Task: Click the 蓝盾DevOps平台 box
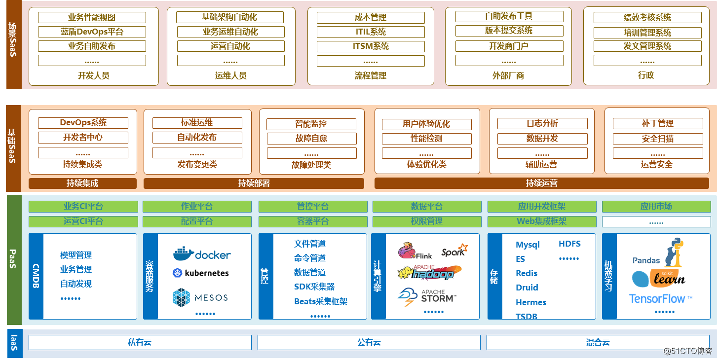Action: coord(92,32)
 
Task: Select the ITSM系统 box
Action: coord(371,46)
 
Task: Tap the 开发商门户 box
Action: coord(509,46)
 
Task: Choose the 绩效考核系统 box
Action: coord(647,18)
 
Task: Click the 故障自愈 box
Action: coord(311,138)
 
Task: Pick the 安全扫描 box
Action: coord(657,139)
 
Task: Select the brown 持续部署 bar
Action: coord(254,183)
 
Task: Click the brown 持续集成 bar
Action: coord(82,183)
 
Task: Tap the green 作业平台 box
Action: coord(197,207)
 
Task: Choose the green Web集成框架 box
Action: coord(541,221)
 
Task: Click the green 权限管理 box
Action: coord(427,221)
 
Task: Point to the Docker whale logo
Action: coord(184,254)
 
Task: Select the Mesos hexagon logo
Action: coord(182,297)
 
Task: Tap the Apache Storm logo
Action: coord(427,297)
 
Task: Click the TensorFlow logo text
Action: coord(660,298)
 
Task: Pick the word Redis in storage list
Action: coord(527,273)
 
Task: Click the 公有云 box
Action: coord(369,342)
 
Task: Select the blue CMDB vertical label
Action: coord(36,276)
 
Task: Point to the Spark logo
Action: coord(454,251)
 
